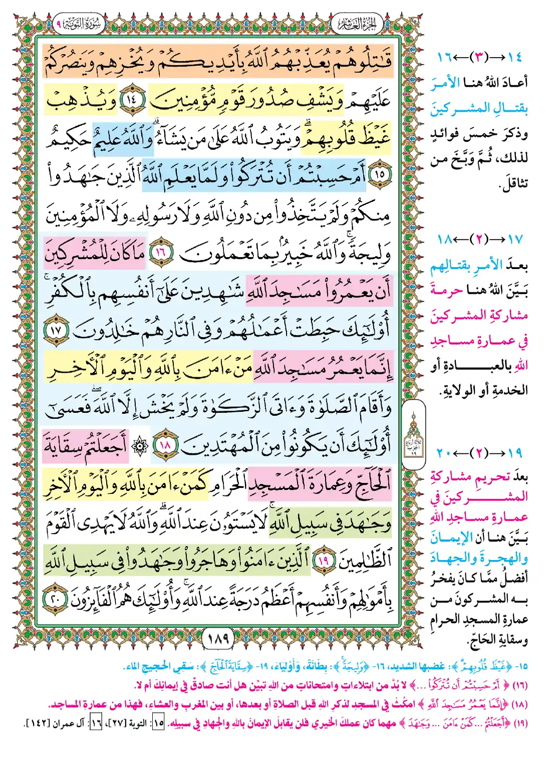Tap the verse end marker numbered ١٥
click(380, 174)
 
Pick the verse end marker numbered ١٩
click(323, 560)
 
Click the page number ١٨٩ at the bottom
click(218, 638)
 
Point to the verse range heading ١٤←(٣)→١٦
click(479, 57)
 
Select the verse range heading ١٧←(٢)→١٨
click(479, 239)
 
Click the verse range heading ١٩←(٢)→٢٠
click(479, 453)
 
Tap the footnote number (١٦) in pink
click(520, 685)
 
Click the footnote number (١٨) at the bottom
click(520, 704)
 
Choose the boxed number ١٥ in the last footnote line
click(158, 723)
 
